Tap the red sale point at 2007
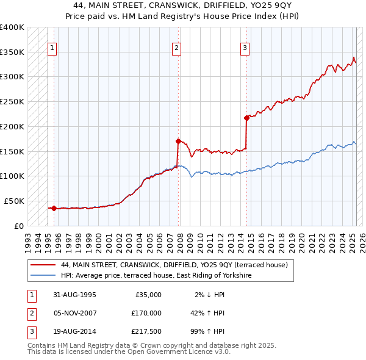(178, 141)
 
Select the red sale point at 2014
(246, 118)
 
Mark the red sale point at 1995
(54, 208)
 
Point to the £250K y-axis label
(12, 101)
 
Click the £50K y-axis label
(14, 201)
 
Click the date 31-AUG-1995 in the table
(74, 295)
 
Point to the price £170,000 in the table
(146, 313)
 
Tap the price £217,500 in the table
(146, 331)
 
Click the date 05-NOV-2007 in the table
(74, 313)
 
